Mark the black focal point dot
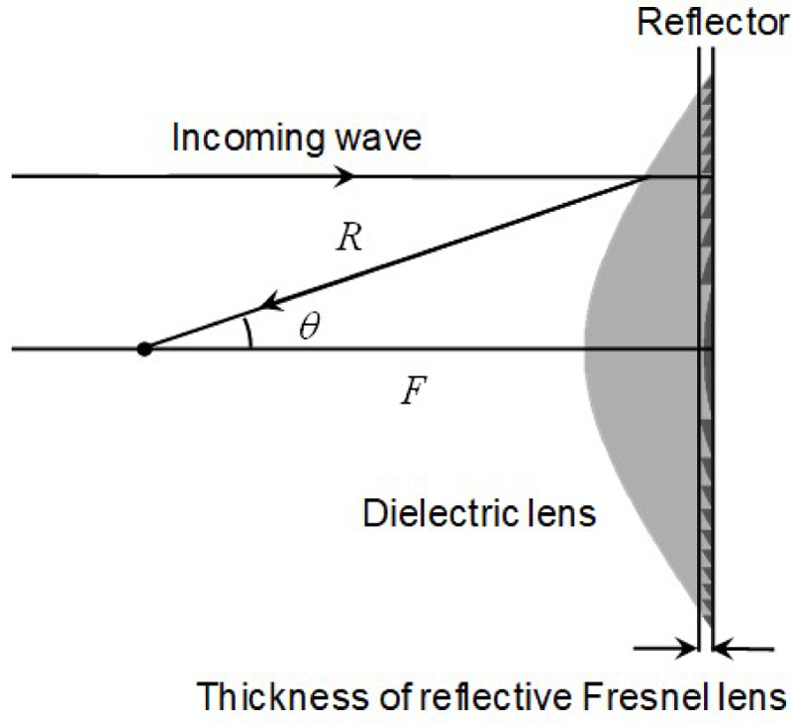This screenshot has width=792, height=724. coord(145,349)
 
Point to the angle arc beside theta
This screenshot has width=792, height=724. coord(250,333)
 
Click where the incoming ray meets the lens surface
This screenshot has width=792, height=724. coord(646,177)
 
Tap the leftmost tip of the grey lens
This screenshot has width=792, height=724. coord(584,349)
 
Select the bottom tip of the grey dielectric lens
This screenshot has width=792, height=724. coord(696,612)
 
